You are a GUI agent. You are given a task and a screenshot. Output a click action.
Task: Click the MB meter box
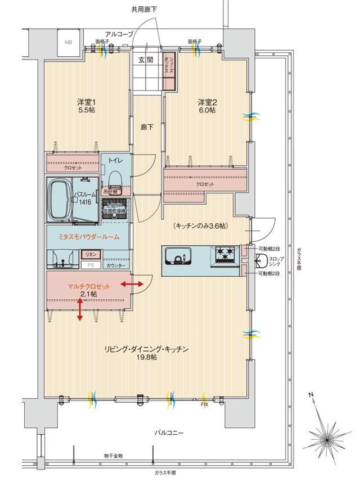pyautogui.click(x=68, y=42)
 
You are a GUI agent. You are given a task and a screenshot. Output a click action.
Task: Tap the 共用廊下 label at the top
pyautogui.click(x=144, y=9)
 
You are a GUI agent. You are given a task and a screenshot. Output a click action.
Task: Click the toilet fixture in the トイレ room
pyautogui.click(x=115, y=180)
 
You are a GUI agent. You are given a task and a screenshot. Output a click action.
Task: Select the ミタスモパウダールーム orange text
pyautogui.click(x=89, y=237)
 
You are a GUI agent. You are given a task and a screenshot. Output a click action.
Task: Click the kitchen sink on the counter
pyautogui.click(x=179, y=258)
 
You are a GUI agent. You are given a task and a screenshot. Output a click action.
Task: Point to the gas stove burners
pyautogui.click(x=224, y=254)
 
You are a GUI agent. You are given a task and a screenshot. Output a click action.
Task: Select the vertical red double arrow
pyautogui.click(x=80, y=310)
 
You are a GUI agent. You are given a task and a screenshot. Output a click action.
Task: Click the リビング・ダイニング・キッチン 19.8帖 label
pyautogui.click(x=146, y=353)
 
